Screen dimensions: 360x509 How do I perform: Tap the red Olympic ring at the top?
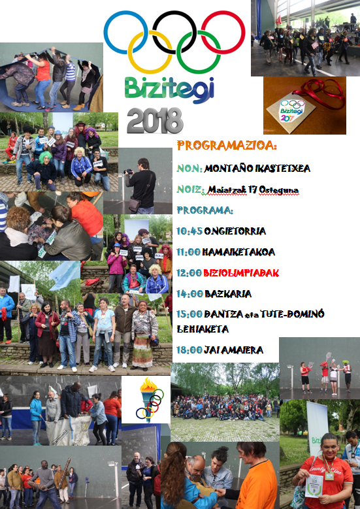(x=244, y=33)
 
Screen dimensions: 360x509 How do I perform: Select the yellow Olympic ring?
(x=130, y=52)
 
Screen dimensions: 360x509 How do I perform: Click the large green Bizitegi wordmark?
(x=169, y=89)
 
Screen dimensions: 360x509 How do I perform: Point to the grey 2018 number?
(x=155, y=121)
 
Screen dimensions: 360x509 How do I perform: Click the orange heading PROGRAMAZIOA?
(x=226, y=146)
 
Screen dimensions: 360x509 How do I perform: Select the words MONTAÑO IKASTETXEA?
(x=257, y=169)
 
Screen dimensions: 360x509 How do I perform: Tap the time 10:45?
(x=189, y=231)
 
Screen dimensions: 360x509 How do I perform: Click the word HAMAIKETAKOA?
(x=238, y=252)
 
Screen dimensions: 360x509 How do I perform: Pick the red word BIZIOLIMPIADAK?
(x=241, y=273)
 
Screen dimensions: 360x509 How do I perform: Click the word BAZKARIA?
(x=228, y=294)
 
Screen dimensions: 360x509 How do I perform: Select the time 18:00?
(x=189, y=350)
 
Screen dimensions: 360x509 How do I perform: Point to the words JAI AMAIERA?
(x=233, y=350)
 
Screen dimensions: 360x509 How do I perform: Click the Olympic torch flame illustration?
(x=148, y=386)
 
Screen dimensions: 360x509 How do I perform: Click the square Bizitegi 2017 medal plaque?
(x=291, y=112)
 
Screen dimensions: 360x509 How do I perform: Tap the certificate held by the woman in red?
(x=314, y=485)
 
